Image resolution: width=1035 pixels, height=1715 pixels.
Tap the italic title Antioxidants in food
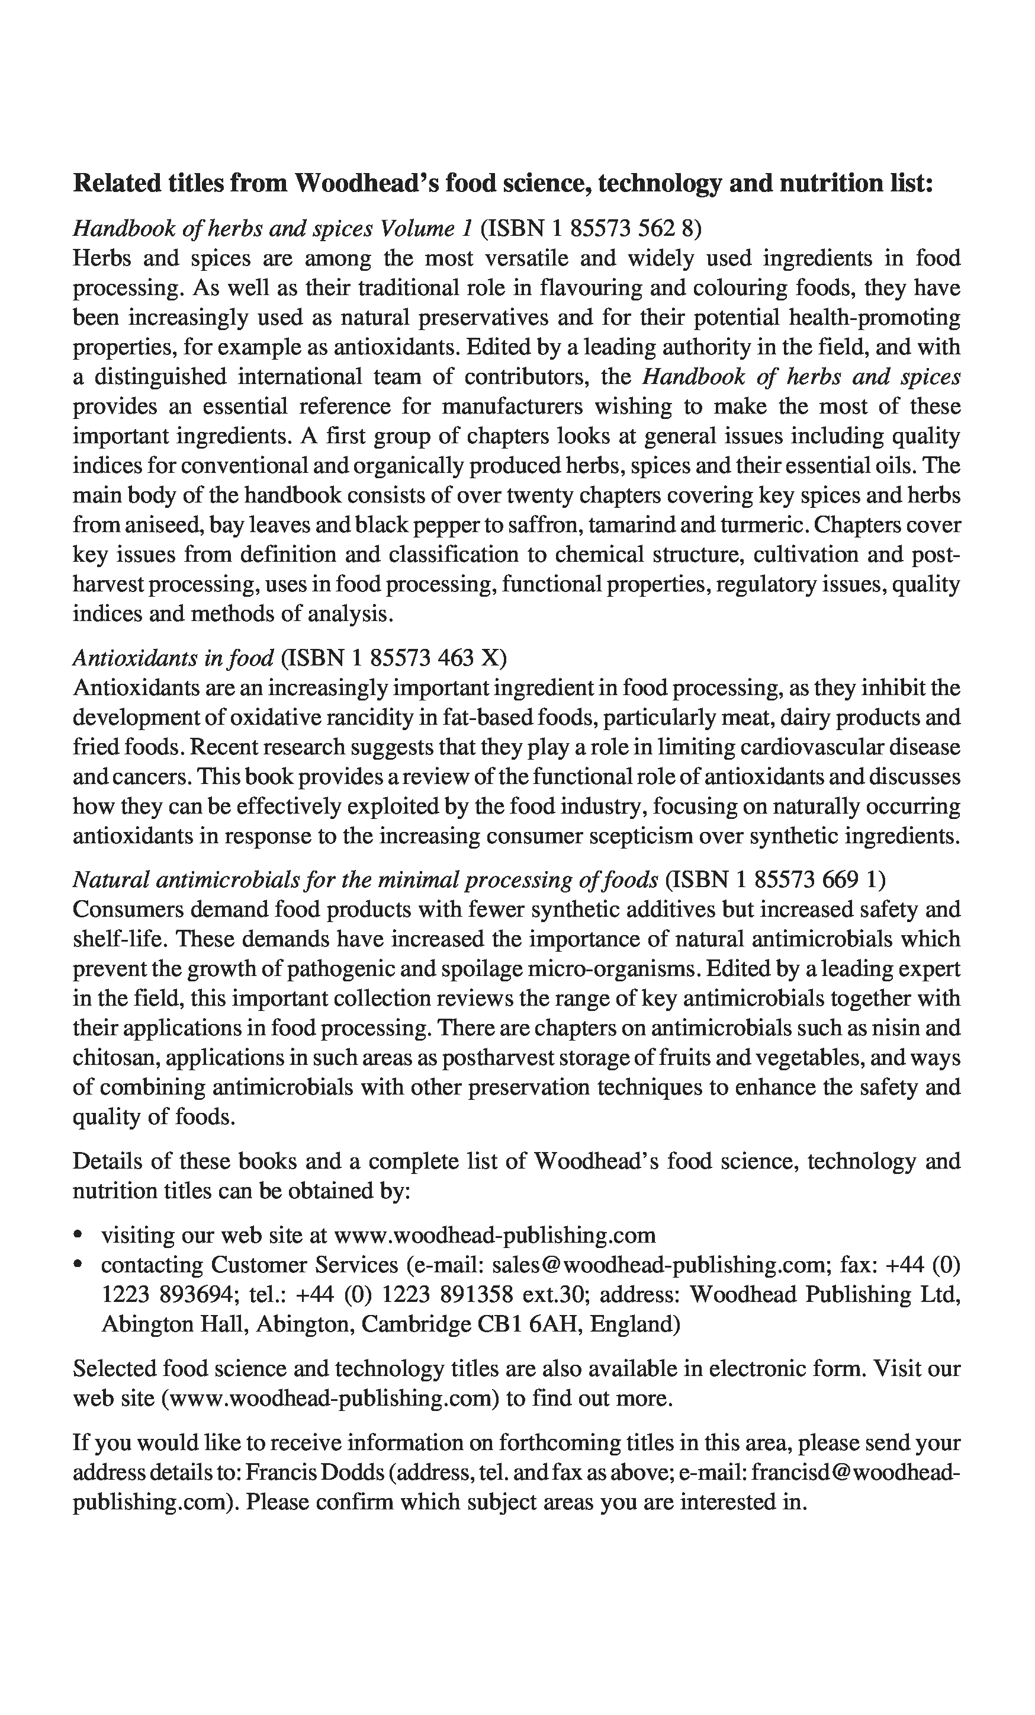pyautogui.click(x=173, y=658)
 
